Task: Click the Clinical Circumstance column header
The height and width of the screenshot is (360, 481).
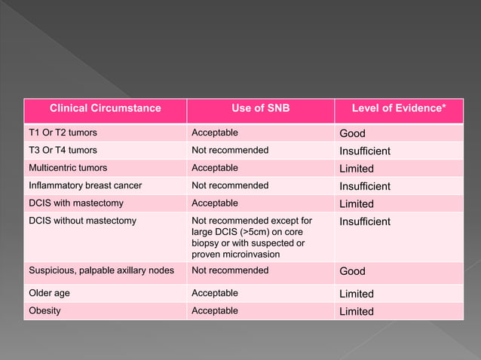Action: click(x=105, y=108)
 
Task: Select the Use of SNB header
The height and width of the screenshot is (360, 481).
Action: click(x=260, y=108)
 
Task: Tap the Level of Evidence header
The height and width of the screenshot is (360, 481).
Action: click(x=399, y=108)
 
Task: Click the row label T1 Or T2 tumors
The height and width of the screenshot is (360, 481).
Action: click(x=63, y=133)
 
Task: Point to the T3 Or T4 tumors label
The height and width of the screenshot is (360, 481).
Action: click(x=63, y=150)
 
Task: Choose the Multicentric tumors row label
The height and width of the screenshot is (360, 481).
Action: click(x=68, y=168)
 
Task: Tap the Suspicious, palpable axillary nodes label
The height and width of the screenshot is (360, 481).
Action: click(x=102, y=270)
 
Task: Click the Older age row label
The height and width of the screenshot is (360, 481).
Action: click(x=51, y=293)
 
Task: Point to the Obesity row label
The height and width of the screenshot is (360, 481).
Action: click(x=44, y=310)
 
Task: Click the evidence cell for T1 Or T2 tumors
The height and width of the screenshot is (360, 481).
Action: click(x=352, y=133)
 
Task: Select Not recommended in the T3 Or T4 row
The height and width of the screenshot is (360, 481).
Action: click(x=230, y=150)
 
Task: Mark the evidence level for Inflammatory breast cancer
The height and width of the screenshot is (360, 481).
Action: click(x=365, y=186)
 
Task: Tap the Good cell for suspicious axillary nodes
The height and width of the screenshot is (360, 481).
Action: click(x=352, y=271)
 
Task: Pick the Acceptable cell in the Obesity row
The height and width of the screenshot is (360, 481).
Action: click(x=215, y=310)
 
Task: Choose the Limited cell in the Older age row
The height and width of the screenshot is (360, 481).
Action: click(x=357, y=294)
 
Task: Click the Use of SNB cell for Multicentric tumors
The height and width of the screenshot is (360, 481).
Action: click(x=215, y=168)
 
